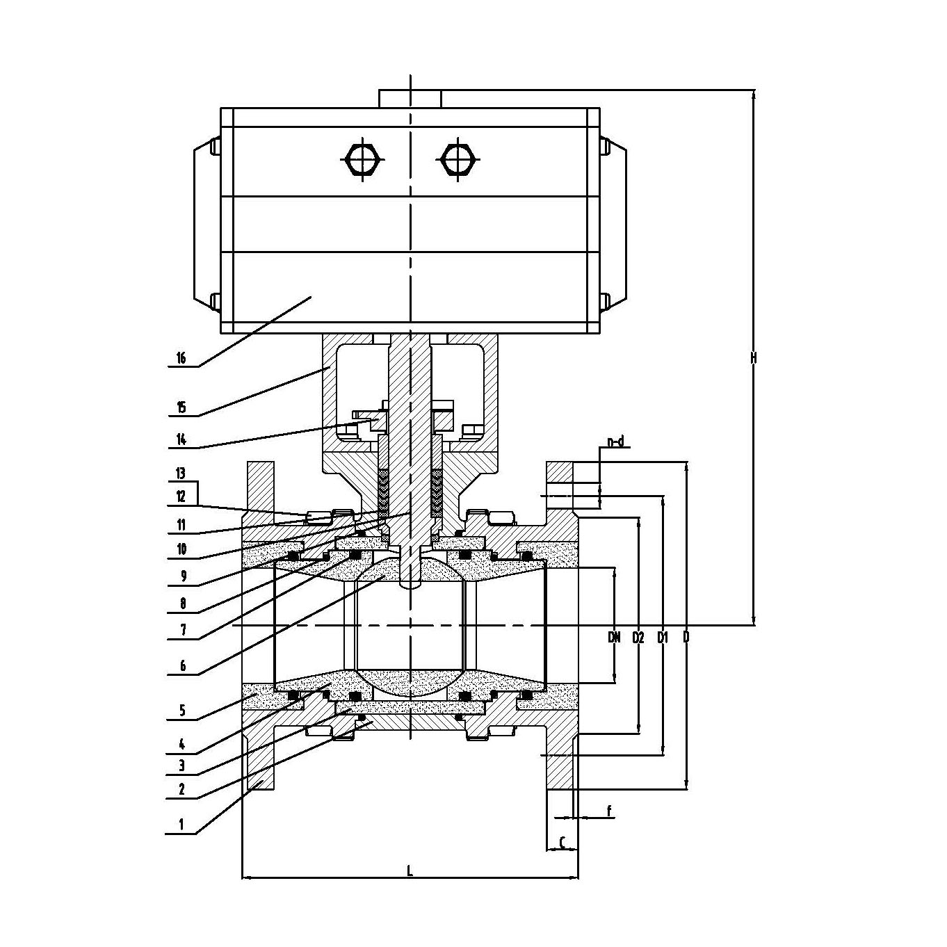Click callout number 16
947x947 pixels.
pyautogui.click(x=181, y=358)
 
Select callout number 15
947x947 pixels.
pyautogui.click(x=181, y=407)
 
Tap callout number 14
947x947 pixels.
pyautogui.click(x=181, y=439)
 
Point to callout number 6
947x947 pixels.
pyautogui.click(x=182, y=665)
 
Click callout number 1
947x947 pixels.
pyautogui.click(x=181, y=825)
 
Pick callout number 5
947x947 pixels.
pyautogui.click(x=182, y=711)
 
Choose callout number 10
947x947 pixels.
pyautogui.click(x=181, y=549)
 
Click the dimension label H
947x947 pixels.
pyautogui.click(x=754, y=358)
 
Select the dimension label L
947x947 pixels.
pyautogui.click(x=410, y=871)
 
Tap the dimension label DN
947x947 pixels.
pyautogui.click(x=614, y=636)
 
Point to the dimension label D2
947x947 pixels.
pyautogui.click(x=638, y=636)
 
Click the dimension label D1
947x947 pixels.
pyautogui.click(x=663, y=636)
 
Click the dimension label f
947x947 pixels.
pyautogui.click(x=609, y=811)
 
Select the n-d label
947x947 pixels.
pyautogui.click(x=615, y=442)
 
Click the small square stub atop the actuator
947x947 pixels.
pyautogui.click(x=410, y=98)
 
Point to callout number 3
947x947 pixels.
pyautogui.click(x=181, y=766)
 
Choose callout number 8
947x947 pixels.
pyautogui.click(x=182, y=604)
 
